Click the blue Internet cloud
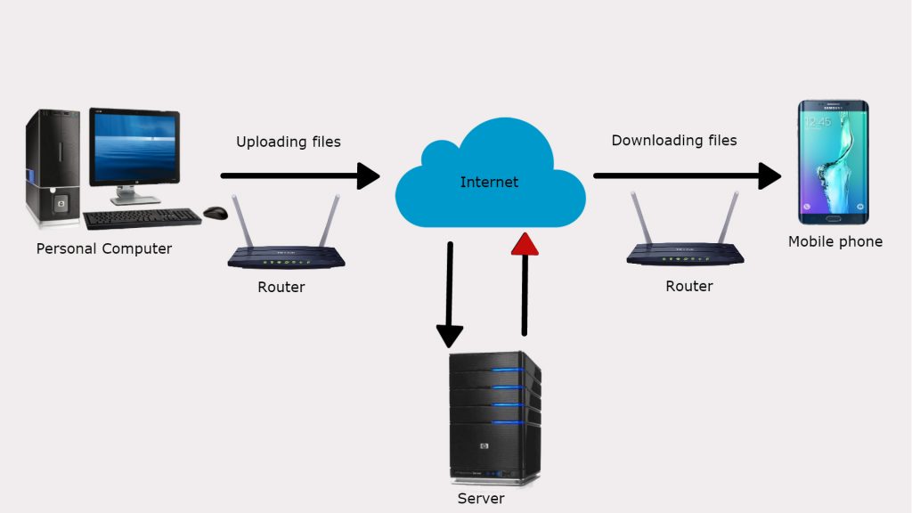pos(489,183)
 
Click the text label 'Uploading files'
pos(288,142)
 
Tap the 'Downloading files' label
pos(673,140)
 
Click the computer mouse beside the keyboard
pos(215,213)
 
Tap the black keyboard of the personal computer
pos(142,218)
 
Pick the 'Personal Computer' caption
pos(103,248)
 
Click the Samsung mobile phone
pos(833,162)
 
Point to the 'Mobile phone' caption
pos(835,241)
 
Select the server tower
pos(494,414)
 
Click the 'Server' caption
pos(481,499)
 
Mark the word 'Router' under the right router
pos(688,286)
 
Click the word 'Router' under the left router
pos(281,287)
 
